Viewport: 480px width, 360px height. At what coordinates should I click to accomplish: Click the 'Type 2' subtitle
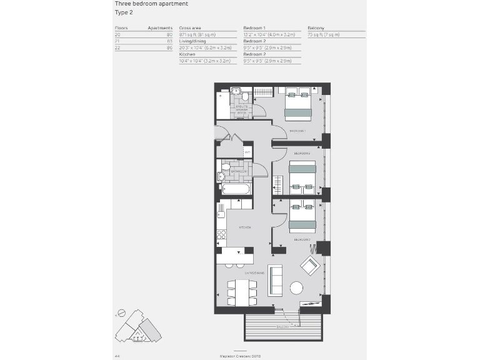(x=124, y=12)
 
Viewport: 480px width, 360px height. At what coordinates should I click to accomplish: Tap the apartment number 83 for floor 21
(x=169, y=41)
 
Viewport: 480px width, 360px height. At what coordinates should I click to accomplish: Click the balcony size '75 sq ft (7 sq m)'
(x=324, y=35)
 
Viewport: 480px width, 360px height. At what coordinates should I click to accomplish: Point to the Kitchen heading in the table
(x=187, y=54)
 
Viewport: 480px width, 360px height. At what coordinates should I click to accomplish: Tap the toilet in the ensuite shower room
(x=244, y=97)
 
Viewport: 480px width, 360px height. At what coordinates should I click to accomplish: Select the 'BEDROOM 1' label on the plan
(x=297, y=131)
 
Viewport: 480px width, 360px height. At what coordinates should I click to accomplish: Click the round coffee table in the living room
(x=296, y=288)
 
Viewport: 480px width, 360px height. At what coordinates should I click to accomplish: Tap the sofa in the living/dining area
(x=275, y=280)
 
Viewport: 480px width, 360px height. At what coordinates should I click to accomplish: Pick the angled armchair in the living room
(x=310, y=266)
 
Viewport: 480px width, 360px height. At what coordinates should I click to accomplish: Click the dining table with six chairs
(x=242, y=292)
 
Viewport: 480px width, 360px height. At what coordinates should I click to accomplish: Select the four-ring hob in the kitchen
(x=221, y=234)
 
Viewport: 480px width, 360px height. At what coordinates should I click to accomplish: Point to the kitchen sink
(x=220, y=214)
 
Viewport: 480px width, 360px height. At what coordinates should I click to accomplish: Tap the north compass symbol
(x=122, y=312)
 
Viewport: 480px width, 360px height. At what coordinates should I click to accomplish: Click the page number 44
(x=117, y=355)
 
